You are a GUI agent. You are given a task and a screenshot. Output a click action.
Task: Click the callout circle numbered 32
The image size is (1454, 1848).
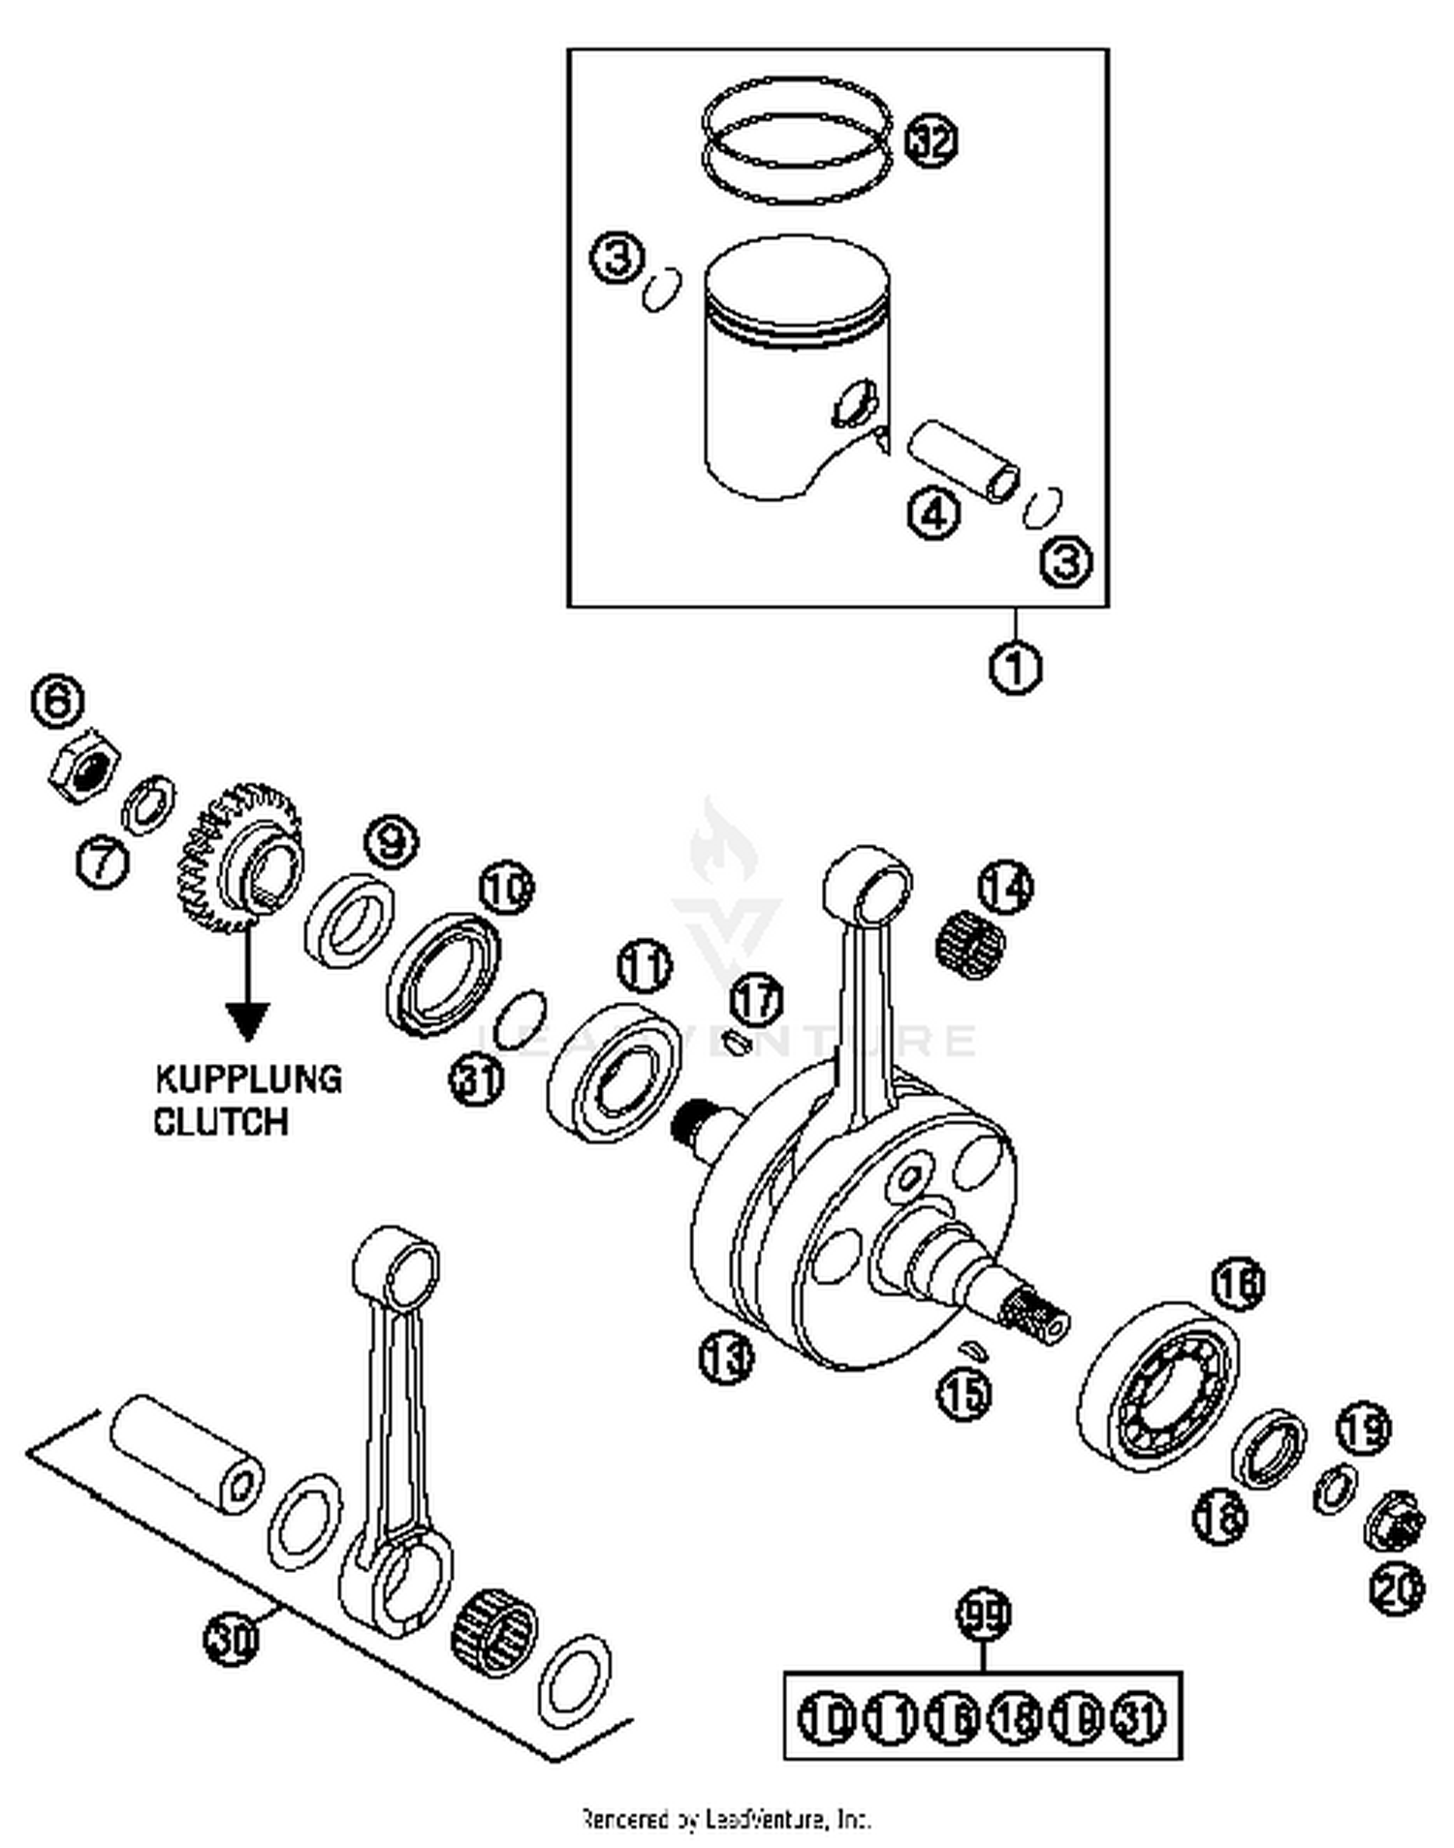pos(932,141)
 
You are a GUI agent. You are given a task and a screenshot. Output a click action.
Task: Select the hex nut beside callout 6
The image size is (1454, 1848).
pos(85,765)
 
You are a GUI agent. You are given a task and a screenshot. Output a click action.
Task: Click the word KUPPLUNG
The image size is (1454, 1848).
pos(249,1079)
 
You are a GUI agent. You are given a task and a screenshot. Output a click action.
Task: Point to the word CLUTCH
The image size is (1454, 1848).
pos(221,1121)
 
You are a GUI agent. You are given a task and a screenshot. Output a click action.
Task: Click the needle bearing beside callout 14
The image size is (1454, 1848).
pos(970,947)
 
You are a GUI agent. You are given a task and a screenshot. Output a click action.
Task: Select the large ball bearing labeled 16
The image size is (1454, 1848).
pos(1158,1387)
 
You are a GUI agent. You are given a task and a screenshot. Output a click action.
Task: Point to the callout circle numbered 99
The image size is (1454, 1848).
pos(984,1613)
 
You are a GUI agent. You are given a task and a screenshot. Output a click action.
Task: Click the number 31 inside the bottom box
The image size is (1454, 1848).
pos(1139,1717)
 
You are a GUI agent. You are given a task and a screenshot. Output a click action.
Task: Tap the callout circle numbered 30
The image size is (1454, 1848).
pos(232,1640)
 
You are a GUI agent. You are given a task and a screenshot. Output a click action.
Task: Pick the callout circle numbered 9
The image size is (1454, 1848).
pos(391,843)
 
